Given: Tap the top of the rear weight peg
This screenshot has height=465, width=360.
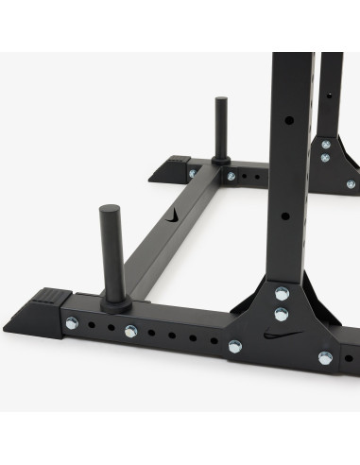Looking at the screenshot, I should pos(220,101).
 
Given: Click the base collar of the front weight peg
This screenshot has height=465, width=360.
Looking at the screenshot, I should pos(115,304).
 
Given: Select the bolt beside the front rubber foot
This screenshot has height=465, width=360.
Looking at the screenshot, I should pos(72,323).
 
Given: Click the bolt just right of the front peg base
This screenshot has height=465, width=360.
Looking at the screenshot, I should pos(130,331).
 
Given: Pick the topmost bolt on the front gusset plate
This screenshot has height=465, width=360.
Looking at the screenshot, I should pos(282,293).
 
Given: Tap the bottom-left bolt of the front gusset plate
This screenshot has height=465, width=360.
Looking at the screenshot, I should pos(234,347).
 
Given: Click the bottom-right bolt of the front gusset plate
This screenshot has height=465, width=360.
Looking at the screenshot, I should pos(325,357).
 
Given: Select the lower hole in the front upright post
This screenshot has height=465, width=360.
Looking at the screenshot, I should pos(284,215).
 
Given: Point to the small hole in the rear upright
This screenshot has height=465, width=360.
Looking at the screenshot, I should pos(330,95).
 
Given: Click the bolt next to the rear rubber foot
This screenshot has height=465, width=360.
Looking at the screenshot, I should pos(193,173).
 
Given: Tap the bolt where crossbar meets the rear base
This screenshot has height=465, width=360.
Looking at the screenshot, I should pos(231,176).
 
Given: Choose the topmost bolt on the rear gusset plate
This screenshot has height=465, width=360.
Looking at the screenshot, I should pos(325,145).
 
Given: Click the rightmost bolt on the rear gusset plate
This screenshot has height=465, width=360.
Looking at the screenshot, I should pos(351,184).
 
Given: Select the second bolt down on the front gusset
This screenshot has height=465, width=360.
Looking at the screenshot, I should pos(282,313).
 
